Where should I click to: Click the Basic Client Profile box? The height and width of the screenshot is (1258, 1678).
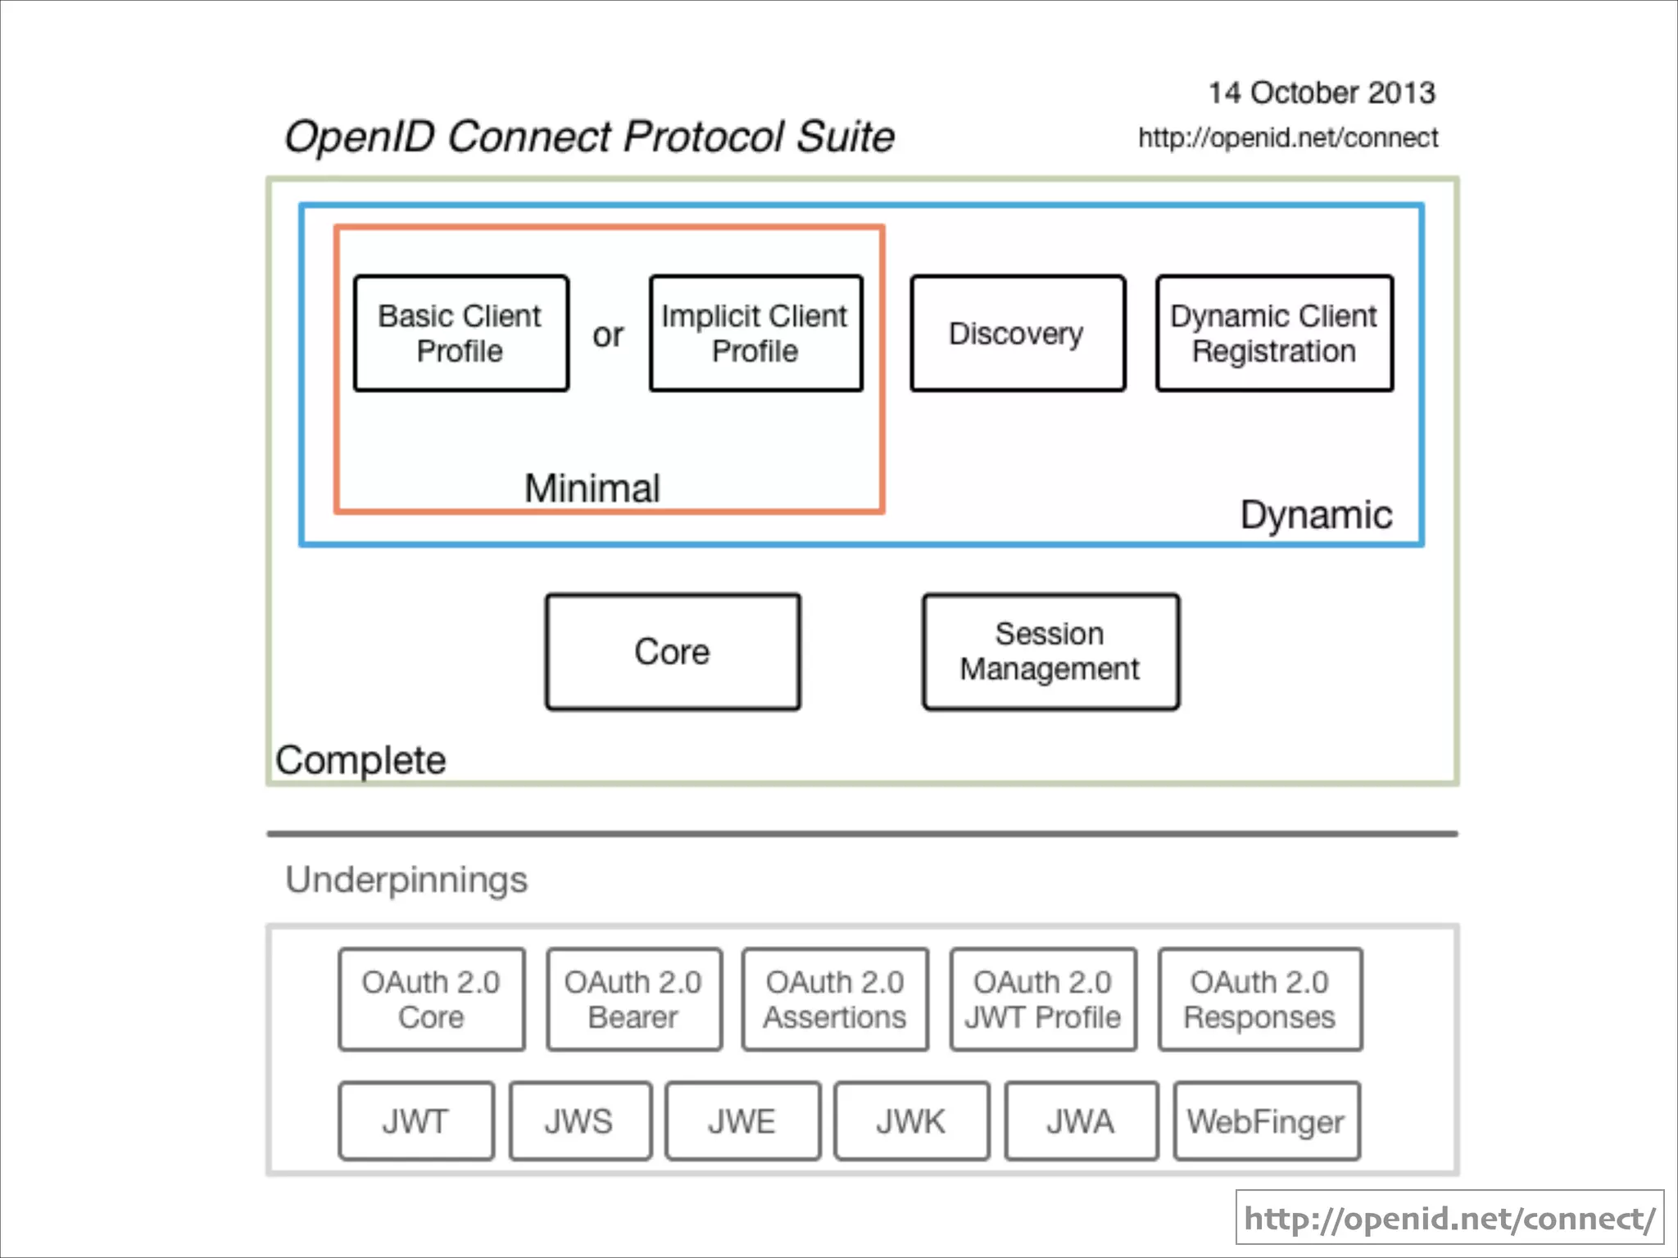460,333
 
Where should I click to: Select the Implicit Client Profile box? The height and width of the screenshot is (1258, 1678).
755,333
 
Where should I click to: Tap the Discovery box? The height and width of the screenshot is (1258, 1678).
1017,333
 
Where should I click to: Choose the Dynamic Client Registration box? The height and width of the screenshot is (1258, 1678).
1274,333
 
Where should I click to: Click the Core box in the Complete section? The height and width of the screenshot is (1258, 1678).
673,652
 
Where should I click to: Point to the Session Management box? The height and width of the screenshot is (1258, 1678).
1050,652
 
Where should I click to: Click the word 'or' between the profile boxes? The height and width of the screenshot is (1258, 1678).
608,335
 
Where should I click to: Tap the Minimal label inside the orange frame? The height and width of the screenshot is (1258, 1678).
592,488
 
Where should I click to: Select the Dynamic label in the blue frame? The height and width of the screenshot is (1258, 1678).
1316,515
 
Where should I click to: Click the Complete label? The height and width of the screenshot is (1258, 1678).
361,760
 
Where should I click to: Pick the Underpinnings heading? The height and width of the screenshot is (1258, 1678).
406,880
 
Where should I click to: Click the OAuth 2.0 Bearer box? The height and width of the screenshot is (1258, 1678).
633,999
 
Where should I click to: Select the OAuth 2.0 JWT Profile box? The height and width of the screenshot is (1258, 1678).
1043,999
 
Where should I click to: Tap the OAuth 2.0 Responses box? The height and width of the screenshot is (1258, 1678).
1260,999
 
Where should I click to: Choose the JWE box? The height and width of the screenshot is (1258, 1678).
742,1121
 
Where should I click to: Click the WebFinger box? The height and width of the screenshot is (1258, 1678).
1266,1121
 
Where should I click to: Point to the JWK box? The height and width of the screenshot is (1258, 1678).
911,1121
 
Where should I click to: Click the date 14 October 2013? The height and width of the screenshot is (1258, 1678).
1322,93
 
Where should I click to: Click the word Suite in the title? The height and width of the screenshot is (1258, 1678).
845,137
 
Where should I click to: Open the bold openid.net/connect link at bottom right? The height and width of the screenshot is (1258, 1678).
1449,1218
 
